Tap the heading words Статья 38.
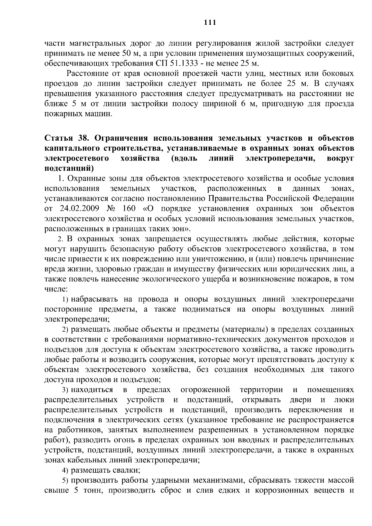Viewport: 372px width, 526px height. tap(63, 138)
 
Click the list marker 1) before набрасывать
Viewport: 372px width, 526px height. tap(65, 299)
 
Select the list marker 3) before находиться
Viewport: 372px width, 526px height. tap(65, 390)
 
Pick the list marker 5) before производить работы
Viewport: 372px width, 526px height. tap(65, 480)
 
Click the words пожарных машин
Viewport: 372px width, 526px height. tap(78, 114)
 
